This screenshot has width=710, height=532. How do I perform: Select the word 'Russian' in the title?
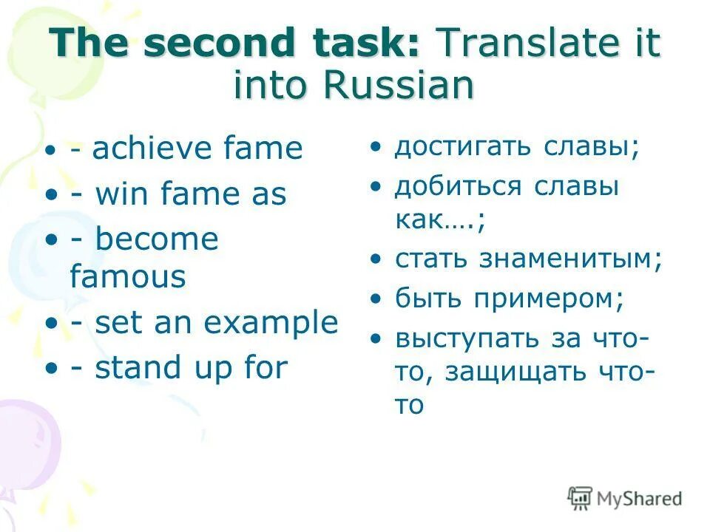pos(396,85)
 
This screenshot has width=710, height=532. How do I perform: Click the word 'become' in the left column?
pos(157,239)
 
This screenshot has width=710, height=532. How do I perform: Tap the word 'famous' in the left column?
pos(127,277)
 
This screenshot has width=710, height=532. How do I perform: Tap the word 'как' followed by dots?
pos(419,220)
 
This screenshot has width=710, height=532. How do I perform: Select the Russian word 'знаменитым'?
pos(569,259)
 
